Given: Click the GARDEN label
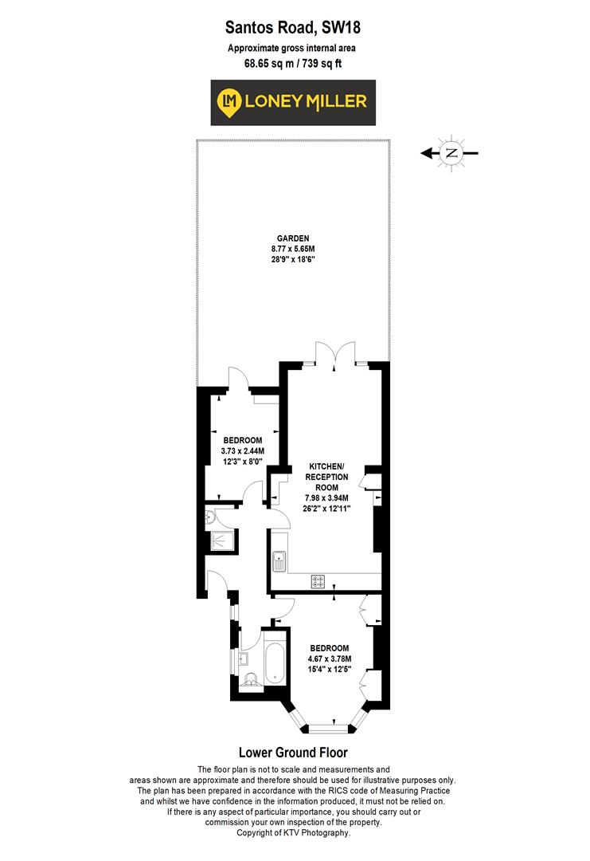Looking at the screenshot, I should (292, 238).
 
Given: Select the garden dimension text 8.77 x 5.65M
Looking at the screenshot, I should (292, 249).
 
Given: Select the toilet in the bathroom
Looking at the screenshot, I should (250, 679).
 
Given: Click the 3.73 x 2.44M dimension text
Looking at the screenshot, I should (243, 451).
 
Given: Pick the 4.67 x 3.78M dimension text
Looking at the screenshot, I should (330, 659).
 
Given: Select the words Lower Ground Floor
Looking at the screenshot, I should (293, 752).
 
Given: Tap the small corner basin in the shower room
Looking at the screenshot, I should (211, 517).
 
